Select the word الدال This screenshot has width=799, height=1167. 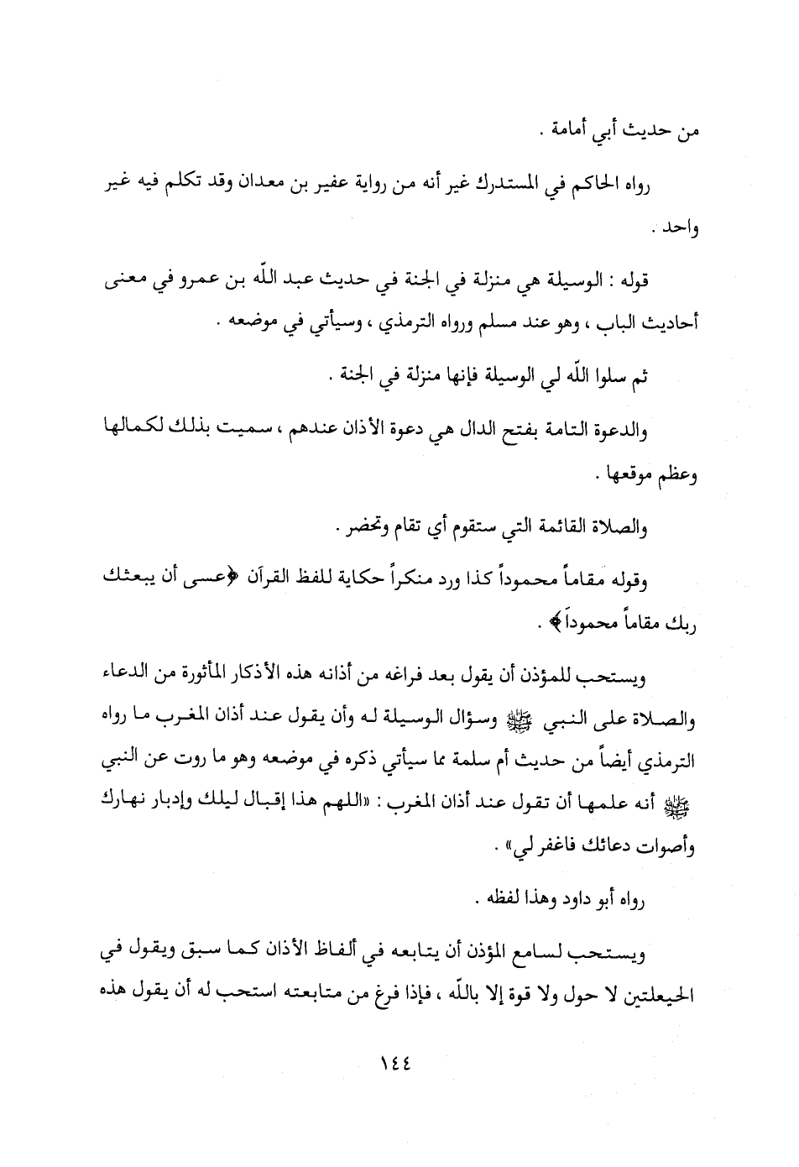[453, 432]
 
